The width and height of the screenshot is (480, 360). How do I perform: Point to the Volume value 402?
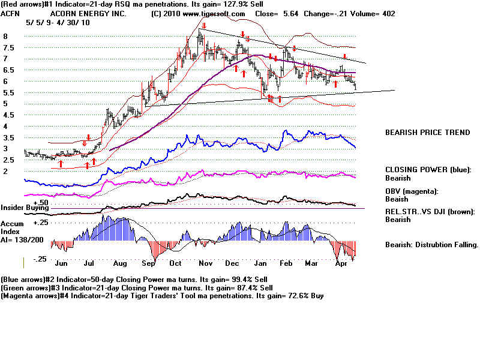pos(388,13)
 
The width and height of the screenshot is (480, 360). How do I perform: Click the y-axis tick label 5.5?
pos(8,93)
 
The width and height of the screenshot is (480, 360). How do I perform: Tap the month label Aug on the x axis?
pos(119,263)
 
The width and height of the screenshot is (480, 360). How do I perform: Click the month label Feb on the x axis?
pos(287,263)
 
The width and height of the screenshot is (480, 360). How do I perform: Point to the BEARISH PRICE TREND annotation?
pos(427,132)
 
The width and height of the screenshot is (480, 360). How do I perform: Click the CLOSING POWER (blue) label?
pos(428,170)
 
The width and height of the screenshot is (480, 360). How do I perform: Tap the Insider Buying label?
pos(25,208)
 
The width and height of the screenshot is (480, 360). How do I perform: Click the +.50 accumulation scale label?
pos(40,203)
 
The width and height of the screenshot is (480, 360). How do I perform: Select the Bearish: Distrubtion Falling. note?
pos(431,245)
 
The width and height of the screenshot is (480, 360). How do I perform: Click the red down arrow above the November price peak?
pos(204,26)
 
